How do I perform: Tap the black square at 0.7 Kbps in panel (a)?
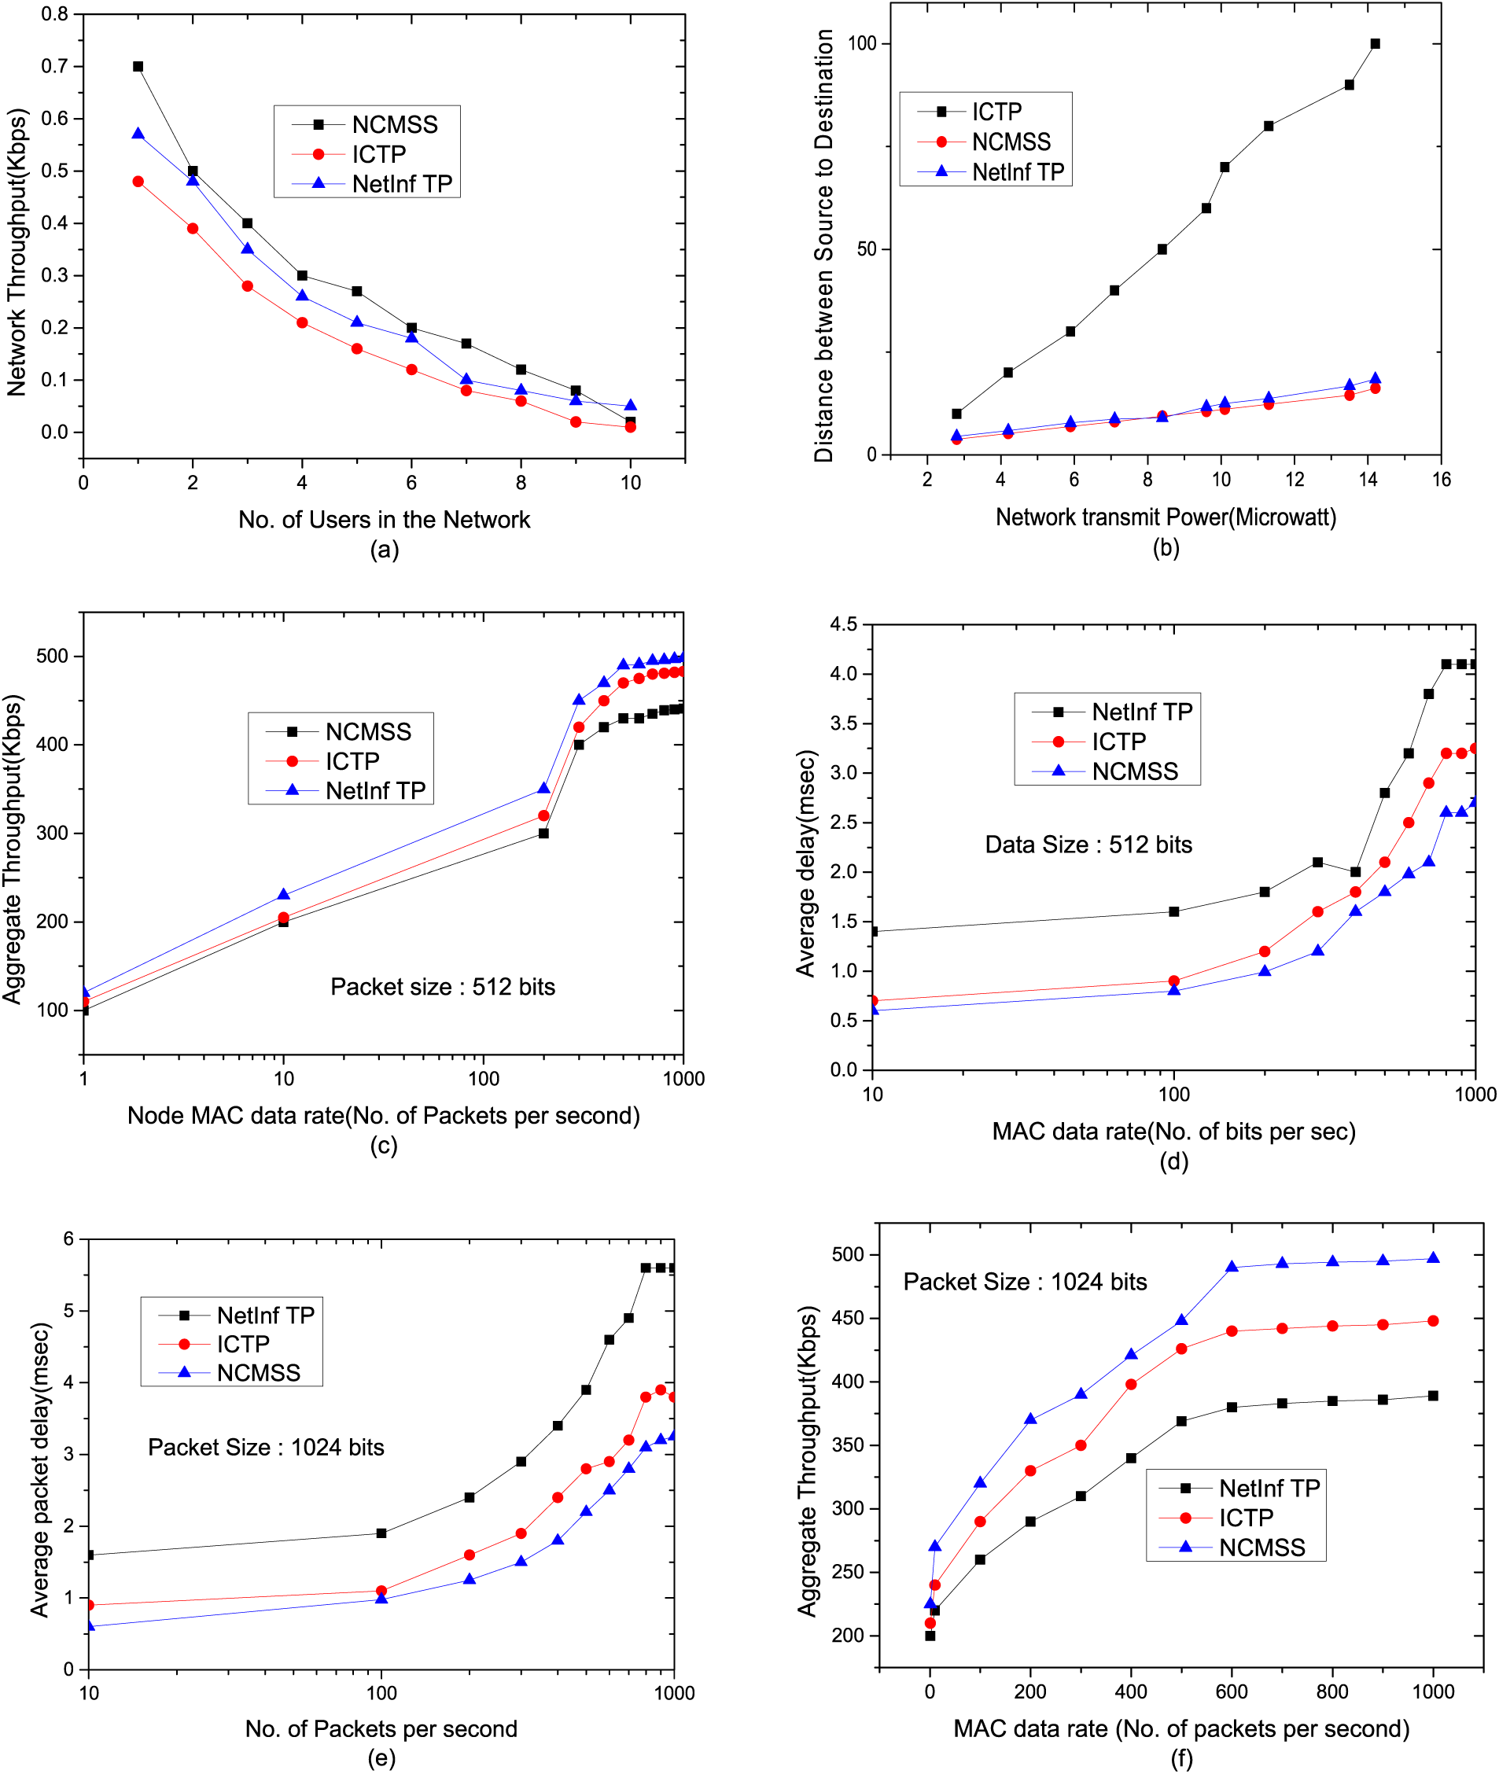click(138, 66)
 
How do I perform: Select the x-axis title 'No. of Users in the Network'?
click(383, 519)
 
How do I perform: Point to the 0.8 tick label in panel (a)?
click(55, 14)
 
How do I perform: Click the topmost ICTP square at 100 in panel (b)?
click(1375, 44)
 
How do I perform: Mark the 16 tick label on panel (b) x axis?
click(1442, 480)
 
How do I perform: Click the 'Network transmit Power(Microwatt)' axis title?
click(1166, 517)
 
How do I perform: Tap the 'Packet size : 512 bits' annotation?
click(442, 986)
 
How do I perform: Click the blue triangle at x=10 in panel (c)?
click(284, 895)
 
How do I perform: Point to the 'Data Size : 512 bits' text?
click(1088, 845)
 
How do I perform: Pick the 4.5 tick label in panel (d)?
click(843, 625)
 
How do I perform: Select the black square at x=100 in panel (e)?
click(381, 1533)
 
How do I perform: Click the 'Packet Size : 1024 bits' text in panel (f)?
click(1025, 1282)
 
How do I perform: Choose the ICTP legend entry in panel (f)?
click(1246, 1518)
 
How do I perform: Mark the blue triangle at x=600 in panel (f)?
click(1232, 1268)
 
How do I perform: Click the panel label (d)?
click(1173, 1161)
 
